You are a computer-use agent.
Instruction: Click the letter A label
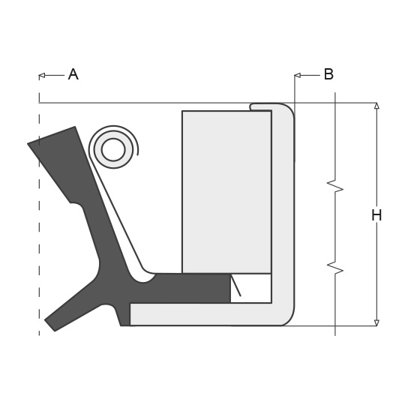(x=73, y=74)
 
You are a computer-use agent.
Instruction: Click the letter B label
(x=328, y=74)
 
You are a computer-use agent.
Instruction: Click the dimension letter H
(x=376, y=215)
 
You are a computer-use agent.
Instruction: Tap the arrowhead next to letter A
(x=42, y=76)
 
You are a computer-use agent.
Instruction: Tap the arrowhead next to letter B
(x=297, y=76)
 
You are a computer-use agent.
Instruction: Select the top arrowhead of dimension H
(x=376, y=106)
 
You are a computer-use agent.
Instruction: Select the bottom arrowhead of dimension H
(x=376, y=322)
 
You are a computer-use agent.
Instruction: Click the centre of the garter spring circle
(x=113, y=150)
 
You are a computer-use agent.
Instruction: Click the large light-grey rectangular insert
(x=226, y=192)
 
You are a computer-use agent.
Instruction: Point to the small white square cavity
(x=251, y=288)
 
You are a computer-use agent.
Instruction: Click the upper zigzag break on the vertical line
(x=335, y=186)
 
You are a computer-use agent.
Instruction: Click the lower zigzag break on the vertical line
(x=335, y=268)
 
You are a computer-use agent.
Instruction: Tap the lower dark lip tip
(x=49, y=325)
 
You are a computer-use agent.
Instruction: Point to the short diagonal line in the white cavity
(x=236, y=286)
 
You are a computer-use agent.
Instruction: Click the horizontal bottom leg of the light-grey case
(x=205, y=314)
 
